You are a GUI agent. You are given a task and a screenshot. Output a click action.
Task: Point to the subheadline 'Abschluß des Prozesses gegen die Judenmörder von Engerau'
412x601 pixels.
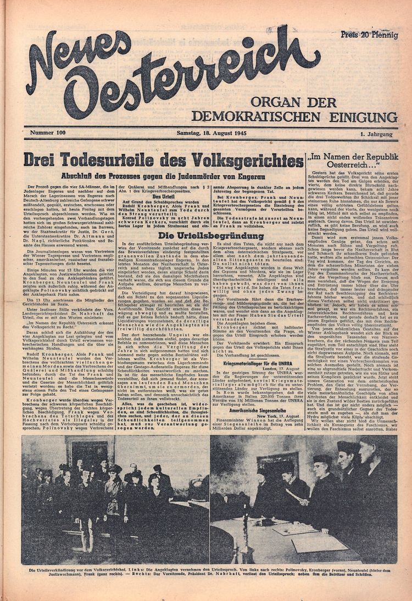pos(163,177)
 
